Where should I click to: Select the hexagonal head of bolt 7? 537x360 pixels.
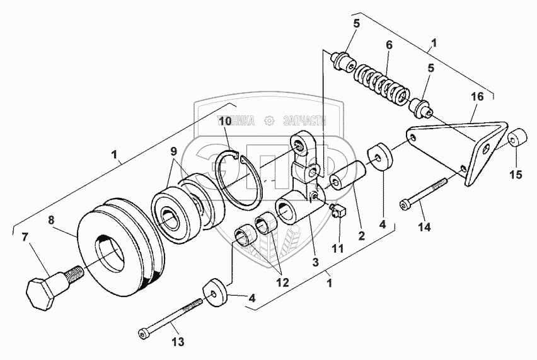click(40, 292)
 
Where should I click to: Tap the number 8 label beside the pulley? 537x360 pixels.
click(52, 221)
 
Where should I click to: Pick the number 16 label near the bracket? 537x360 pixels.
click(478, 97)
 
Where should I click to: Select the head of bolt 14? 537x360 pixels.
click(405, 204)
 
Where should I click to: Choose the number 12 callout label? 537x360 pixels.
click(281, 284)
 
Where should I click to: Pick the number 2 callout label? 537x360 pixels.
click(361, 236)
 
